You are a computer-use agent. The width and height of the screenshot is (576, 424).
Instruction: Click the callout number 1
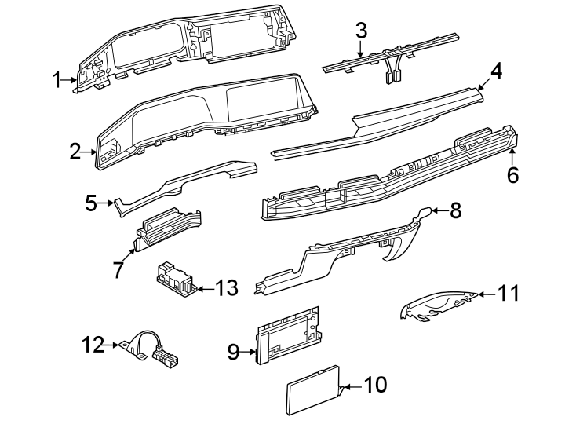pyautogui.click(x=57, y=79)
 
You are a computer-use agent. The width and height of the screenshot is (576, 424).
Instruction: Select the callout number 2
pyautogui.click(x=75, y=152)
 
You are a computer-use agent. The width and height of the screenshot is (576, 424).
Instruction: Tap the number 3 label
pyautogui.click(x=361, y=31)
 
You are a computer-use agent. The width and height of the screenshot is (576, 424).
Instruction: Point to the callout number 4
pyautogui.click(x=495, y=71)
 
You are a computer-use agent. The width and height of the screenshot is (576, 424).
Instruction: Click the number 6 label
pyautogui.click(x=512, y=174)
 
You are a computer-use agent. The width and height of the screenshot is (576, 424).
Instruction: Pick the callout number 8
pyautogui.click(x=456, y=210)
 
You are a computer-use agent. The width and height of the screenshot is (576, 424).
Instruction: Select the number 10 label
pyautogui.click(x=377, y=386)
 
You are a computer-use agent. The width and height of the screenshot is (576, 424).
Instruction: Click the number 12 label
pyautogui.click(x=93, y=344)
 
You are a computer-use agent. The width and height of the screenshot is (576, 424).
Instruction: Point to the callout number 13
pyautogui.click(x=226, y=289)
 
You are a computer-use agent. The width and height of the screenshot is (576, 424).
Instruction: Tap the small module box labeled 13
pyautogui.click(x=174, y=279)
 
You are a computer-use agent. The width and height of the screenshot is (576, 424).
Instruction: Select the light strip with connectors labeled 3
pyautogui.click(x=392, y=55)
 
